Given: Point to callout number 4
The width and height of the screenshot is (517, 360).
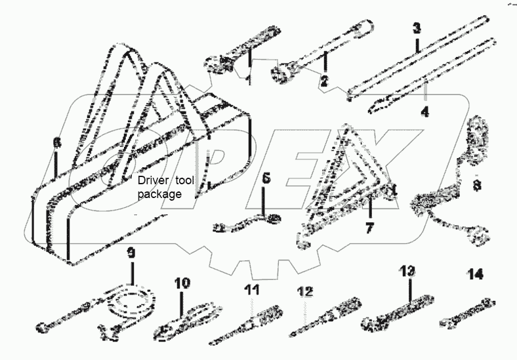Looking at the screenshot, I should tap(424, 111).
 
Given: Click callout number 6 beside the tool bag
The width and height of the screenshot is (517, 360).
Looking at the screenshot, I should tap(56, 142).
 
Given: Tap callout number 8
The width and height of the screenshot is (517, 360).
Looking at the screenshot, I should tap(477, 186).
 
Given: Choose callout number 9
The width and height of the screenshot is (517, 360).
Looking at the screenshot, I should tap(131, 252).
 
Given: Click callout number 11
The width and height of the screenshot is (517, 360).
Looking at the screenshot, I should tap(252, 289).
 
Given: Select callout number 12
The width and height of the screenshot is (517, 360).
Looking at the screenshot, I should tap(304, 290).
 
